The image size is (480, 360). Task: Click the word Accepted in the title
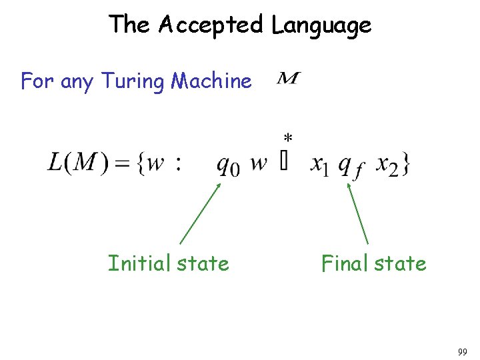click(211, 25)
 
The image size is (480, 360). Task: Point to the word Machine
click(211, 82)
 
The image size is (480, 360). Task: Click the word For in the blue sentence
click(37, 82)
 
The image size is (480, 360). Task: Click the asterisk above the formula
click(287, 139)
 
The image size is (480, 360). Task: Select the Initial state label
click(169, 264)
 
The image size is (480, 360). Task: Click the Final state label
click(373, 264)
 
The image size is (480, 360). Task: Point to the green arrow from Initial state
click(200, 213)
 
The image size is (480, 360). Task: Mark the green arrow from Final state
click(357, 213)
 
